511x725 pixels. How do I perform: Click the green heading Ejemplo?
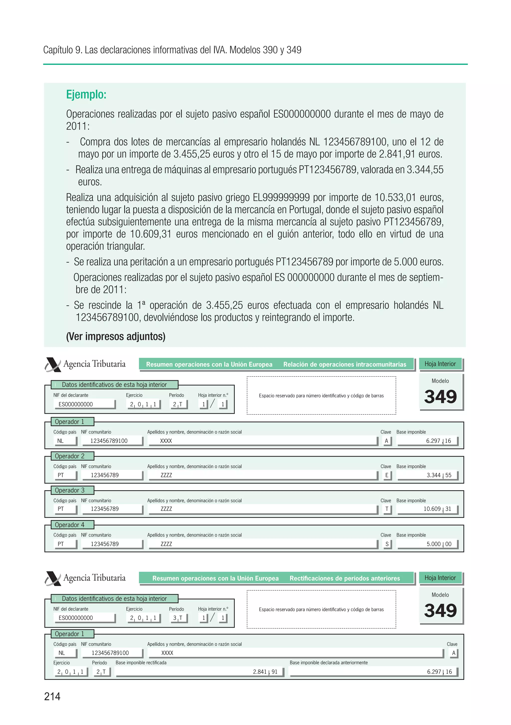tap(86, 94)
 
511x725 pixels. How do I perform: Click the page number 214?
tap(52, 696)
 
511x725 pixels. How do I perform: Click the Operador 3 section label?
tap(69, 490)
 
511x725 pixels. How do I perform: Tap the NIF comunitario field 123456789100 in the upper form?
tap(109, 441)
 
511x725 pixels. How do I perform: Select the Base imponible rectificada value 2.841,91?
tap(265, 672)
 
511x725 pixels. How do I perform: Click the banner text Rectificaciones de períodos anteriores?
tap(344, 578)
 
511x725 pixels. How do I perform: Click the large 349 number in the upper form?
tap(440, 397)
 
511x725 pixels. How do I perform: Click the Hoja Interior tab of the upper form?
tap(440, 364)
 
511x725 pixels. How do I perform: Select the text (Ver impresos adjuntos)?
tap(116, 336)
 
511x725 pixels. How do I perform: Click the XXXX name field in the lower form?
tap(167, 653)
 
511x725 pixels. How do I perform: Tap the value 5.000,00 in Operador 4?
tap(439, 544)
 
